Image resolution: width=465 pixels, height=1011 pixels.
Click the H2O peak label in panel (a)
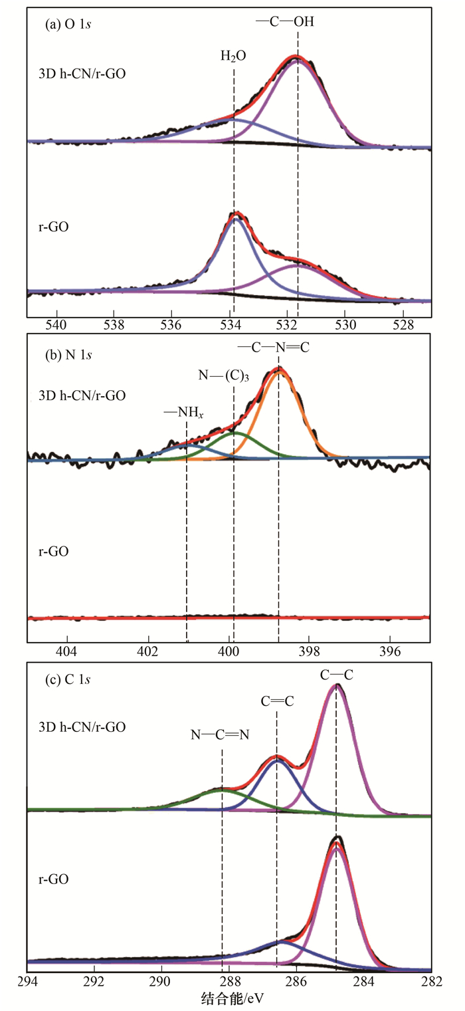coord(233,56)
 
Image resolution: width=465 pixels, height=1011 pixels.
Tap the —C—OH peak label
coord(285,21)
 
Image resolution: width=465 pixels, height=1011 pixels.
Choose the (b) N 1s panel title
coord(66,354)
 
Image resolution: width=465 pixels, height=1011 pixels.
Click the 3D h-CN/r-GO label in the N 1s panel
coord(79,395)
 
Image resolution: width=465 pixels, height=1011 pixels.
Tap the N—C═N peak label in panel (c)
coord(221,734)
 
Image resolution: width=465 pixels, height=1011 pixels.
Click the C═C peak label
coord(277,701)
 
